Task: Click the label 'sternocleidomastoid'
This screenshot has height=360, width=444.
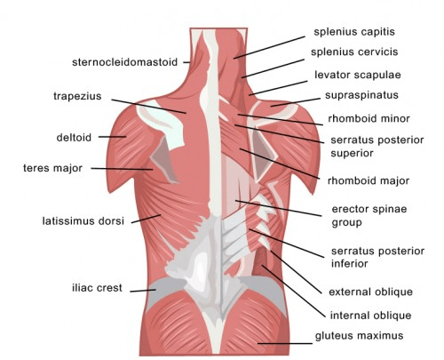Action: coord(124,62)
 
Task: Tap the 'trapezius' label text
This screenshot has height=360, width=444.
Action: coord(77,97)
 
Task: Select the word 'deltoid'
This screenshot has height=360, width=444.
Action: coord(74,138)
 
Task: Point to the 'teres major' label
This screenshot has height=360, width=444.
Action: coord(52,168)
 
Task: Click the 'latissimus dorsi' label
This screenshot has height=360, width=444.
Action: coord(83,221)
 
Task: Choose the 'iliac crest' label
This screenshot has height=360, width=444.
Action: coord(97,288)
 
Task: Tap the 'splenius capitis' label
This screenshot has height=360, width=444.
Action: coord(354,32)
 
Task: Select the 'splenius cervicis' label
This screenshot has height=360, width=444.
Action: coord(354,52)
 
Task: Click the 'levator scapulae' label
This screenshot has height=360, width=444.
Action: coord(358,75)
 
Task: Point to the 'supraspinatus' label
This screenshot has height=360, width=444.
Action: coord(361,95)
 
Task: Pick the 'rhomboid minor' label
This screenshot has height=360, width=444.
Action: coord(369,119)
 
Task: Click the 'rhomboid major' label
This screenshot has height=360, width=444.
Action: coord(369,180)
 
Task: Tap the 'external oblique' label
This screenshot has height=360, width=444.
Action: coord(370,292)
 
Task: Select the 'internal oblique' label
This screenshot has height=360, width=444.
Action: coord(370,316)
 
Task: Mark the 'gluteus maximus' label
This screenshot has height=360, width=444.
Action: coord(359,336)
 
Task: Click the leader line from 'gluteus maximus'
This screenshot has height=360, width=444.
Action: coord(285,344)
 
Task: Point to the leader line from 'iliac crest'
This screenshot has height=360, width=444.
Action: coord(143,291)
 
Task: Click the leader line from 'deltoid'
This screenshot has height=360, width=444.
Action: coord(112,137)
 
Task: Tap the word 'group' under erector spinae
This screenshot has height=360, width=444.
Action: coord(346,223)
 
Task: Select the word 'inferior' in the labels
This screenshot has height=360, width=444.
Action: coord(349,264)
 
